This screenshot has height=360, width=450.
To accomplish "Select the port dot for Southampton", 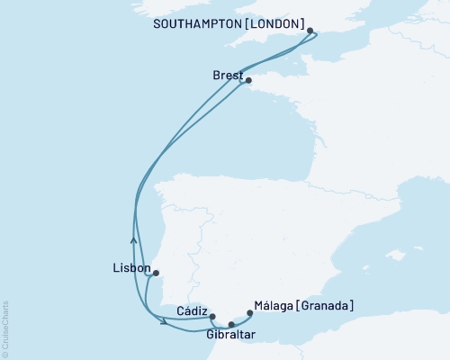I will (x=310, y=31).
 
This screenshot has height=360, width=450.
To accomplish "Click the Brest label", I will (x=227, y=76).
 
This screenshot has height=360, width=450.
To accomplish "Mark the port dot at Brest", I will (x=249, y=81).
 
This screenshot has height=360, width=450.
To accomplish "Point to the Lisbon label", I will (x=130, y=268).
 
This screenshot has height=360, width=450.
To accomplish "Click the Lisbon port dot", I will (x=156, y=273).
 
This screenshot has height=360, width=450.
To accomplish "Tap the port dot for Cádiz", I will (x=212, y=316).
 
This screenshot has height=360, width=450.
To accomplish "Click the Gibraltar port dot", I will (x=231, y=324).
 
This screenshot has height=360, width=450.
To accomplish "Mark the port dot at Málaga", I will (x=249, y=313).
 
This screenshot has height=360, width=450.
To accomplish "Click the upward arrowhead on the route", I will (x=133, y=239).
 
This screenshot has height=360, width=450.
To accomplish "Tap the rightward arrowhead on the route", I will (x=164, y=323).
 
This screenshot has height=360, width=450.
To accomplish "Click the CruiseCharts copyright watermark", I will (x=5, y=328).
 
